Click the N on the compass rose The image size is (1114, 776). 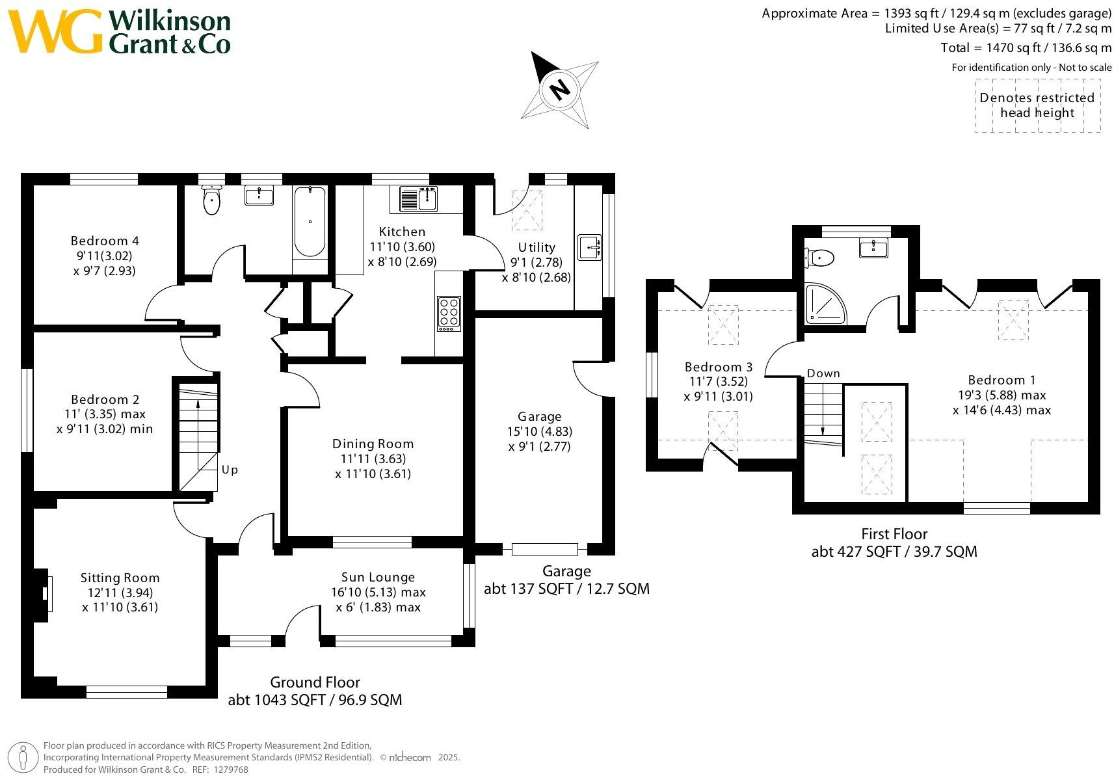coord(559,88)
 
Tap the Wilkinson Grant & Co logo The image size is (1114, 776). coord(120,32)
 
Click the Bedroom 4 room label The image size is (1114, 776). coord(105,241)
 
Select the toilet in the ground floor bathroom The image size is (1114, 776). coord(212,200)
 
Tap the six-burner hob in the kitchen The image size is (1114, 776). coord(449,314)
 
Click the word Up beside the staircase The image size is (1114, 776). coord(230,469)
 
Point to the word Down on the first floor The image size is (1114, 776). coord(823,373)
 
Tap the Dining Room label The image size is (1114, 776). coord(373,444)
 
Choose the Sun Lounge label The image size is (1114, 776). coord(378,577)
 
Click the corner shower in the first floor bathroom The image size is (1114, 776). coord(825,304)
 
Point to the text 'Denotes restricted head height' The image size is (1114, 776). coord(1037,105)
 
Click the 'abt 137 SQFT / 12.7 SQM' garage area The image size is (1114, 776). coord(566,589)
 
